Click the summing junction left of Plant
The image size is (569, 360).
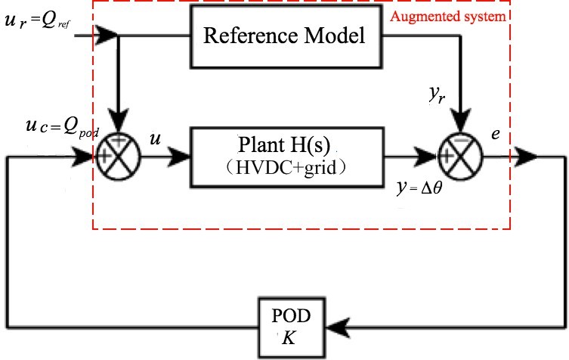click(x=119, y=157)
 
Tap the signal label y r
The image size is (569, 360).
click(x=433, y=97)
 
